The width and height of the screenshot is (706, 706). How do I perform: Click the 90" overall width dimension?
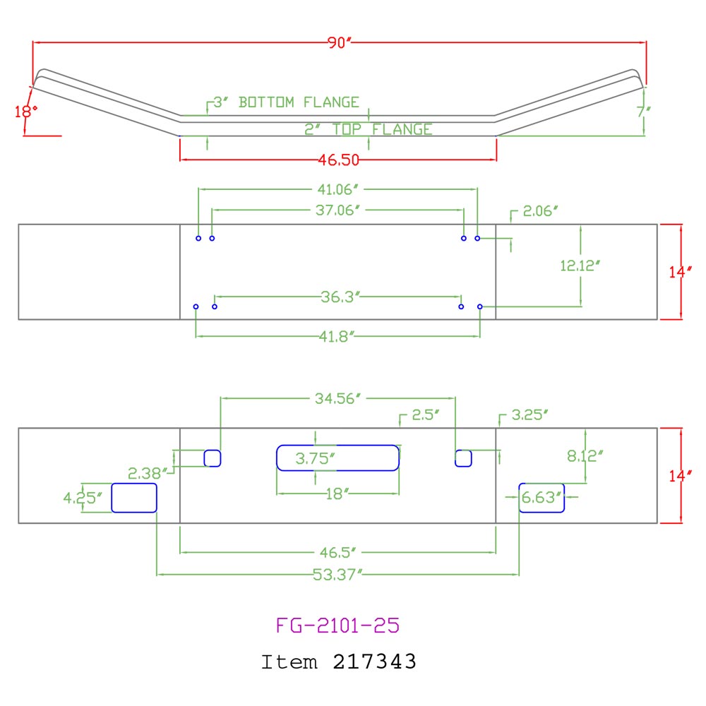[x=339, y=42]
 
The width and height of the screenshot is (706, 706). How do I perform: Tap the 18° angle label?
[x=25, y=110]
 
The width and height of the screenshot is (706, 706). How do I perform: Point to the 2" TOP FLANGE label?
[x=369, y=129]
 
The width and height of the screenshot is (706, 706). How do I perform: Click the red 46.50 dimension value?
[x=339, y=160]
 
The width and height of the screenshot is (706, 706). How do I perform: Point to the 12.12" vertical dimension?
[x=580, y=265]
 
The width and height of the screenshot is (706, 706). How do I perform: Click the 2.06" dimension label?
[x=540, y=210]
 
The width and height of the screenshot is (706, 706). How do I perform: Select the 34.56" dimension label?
[x=337, y=398]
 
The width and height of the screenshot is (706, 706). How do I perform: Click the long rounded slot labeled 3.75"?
[x=337, y=457]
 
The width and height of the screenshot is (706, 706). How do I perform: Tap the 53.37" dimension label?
[x=337, y=574]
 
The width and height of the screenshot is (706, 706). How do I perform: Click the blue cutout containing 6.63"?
[x=542, y=498]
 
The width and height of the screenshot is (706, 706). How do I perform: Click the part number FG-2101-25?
[x=338, y=625]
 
